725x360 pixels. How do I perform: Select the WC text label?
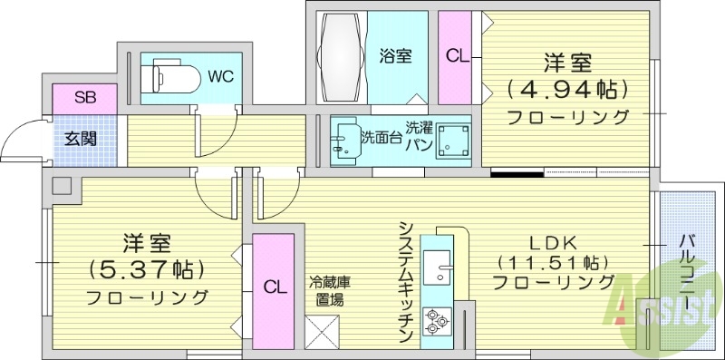(221, 77)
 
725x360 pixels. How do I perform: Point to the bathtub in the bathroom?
(341, 55)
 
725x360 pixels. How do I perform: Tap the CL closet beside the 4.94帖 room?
(458, 55)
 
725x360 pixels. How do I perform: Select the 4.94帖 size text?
(567, 90)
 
